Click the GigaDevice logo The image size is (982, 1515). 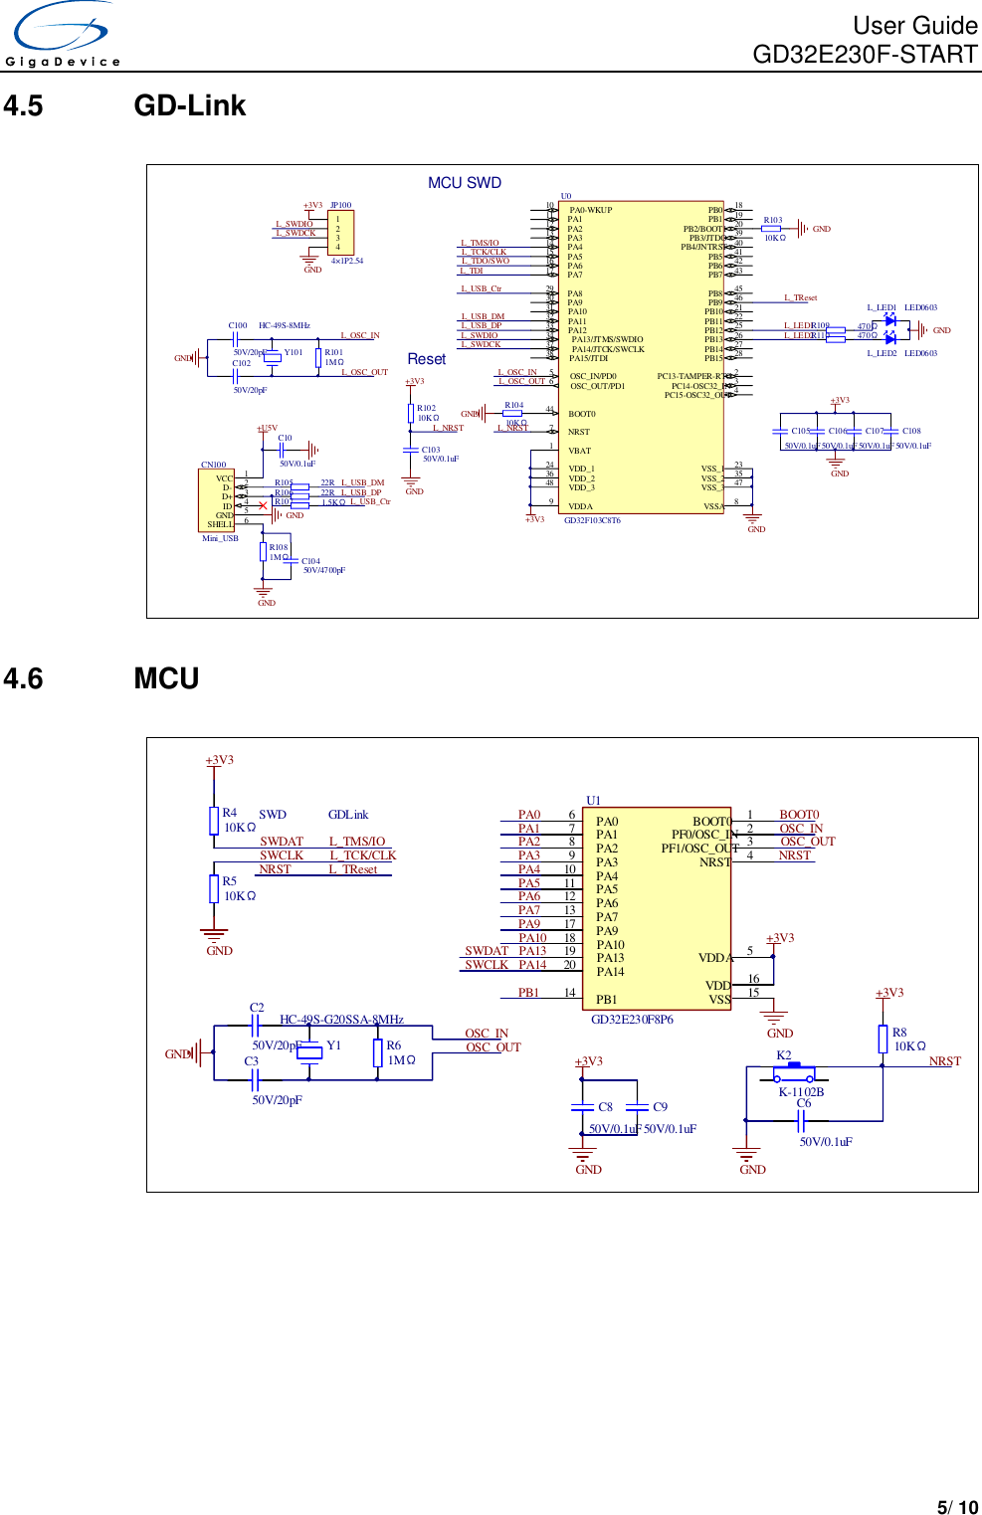tap(62, 35)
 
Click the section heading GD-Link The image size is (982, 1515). tap(189, 105)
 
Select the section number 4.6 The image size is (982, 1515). tap(23, 678)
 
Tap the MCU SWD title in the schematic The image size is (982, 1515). tap(464, 183)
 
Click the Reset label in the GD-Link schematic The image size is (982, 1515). tap(426, 359)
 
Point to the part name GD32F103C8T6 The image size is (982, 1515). tap(592, 520)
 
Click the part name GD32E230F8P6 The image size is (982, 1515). tap(632, 1020)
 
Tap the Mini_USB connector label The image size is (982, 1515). tap(220, 538)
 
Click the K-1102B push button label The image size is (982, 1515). tap(800, 1091)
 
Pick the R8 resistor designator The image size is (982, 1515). tap(899, 1033)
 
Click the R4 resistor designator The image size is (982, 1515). tap(230, 813)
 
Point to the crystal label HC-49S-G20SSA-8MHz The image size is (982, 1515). tap(341, 1020)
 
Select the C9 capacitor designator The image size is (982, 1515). tap(660, 1107)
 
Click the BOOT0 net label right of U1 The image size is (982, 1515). tap(799, 815)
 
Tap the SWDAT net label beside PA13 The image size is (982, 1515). tap(487, 951)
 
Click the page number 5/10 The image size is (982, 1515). tap(957, 1507)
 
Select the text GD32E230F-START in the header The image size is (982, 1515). tap(865, 54)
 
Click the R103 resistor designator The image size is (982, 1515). tap(773, 220)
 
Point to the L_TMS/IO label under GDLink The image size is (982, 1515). tap(357, 842)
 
